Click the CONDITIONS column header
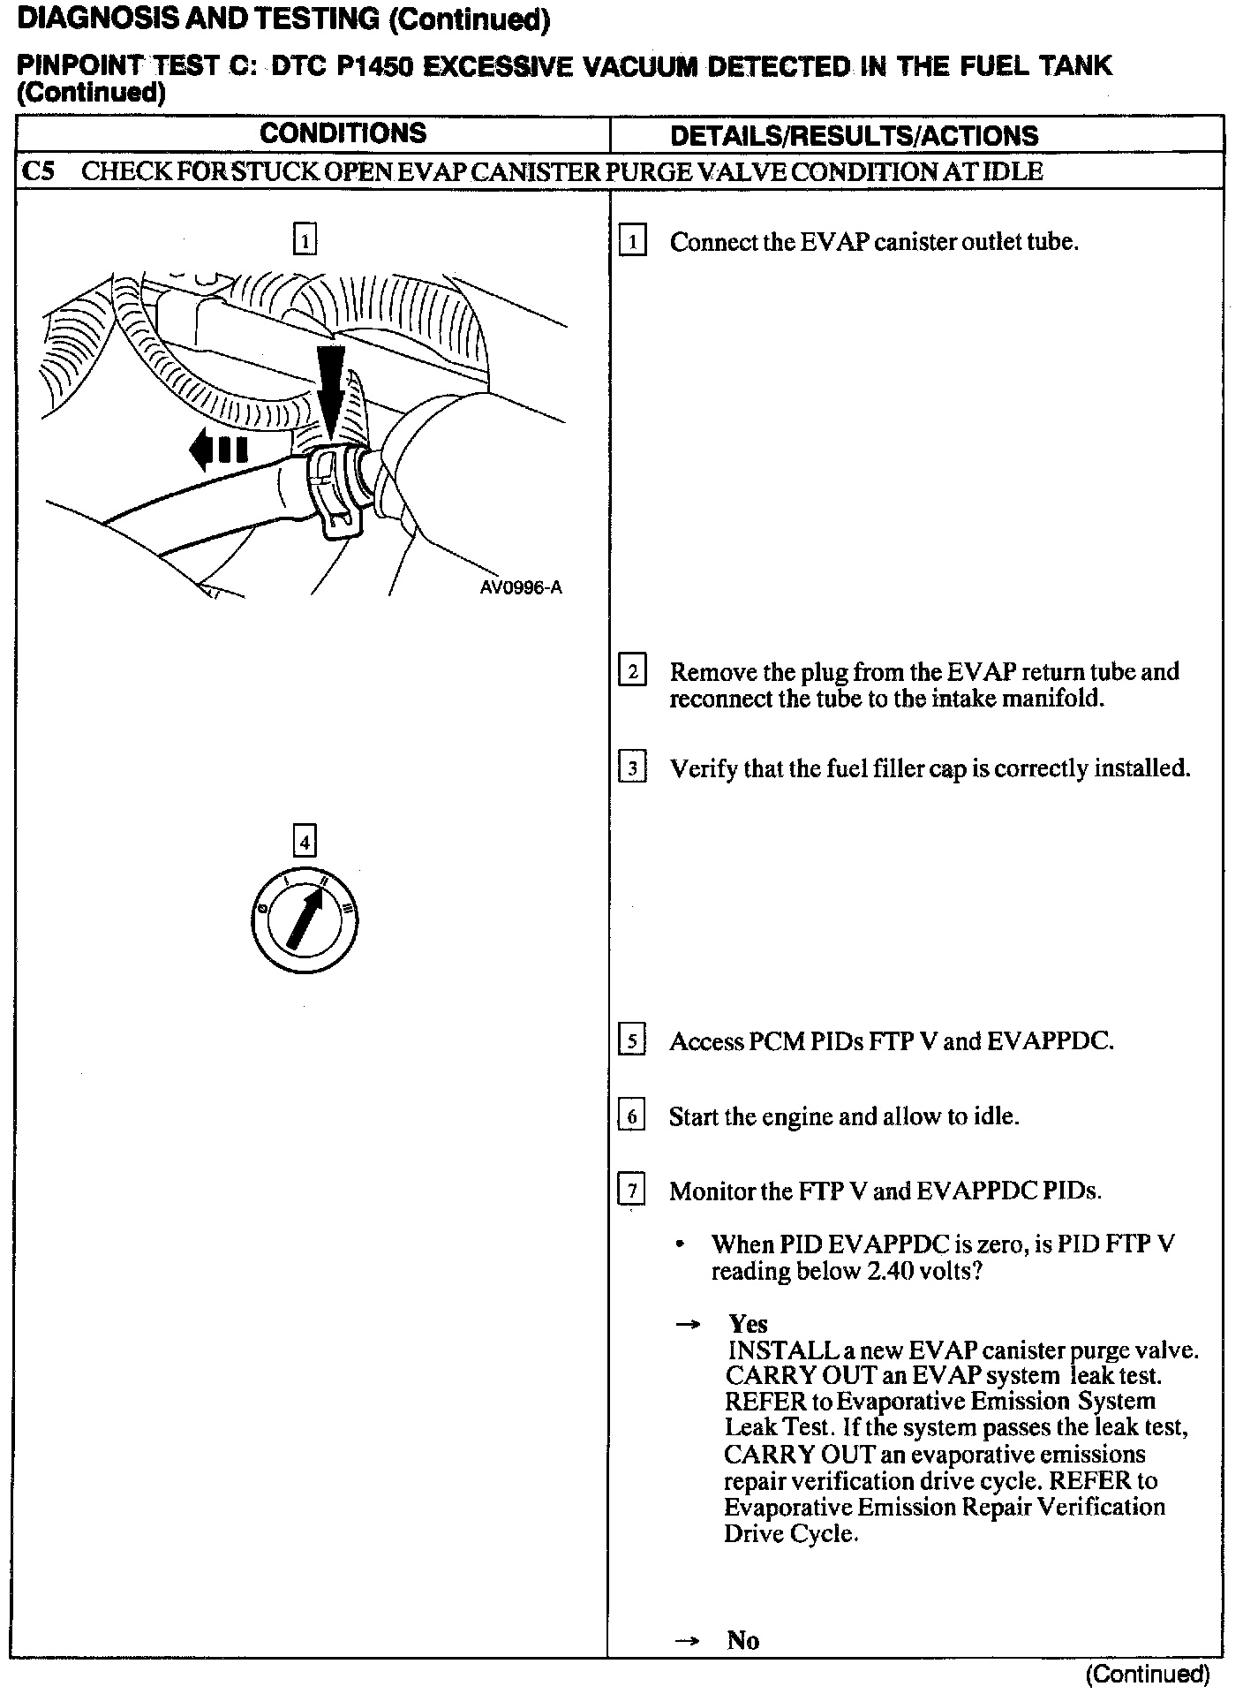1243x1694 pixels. pyautogui.click(x=343, y=133)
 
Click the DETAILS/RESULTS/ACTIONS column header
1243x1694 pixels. pyautogui.click(x=854, y=136)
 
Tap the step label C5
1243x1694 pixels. pyautogui.click(x=38, y=171)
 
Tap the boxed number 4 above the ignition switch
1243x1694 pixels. pyautogui.click(x=304, y=842)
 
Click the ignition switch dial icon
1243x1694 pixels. pyautogui.click(x=304, y=922)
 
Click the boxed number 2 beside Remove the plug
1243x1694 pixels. pyautogui.click(x=632, y=672)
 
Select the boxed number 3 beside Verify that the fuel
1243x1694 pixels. pyautogui.click(x=632, y=768)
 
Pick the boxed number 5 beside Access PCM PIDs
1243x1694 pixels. pyautogui.click(x=632, y=1041)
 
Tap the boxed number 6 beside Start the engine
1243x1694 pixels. pyautogui.click(x=632, y=1116)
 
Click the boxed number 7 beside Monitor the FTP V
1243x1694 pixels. pyautogui.click(x=632, y=1191)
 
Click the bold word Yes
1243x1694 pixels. pyautogui.click(x=748, y=1324)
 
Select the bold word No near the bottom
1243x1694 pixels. pyautogui.click(x=742, y=1640)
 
